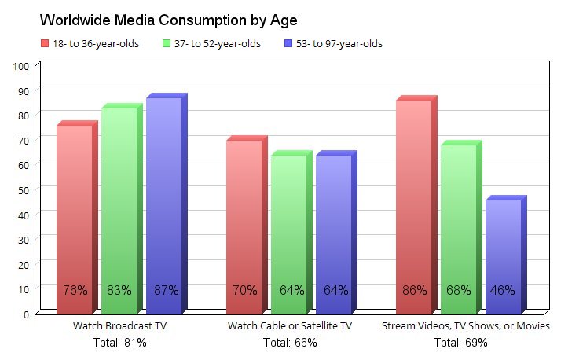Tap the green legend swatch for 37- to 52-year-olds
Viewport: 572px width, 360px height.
(167, 43)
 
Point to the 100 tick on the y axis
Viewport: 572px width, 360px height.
(21, 66)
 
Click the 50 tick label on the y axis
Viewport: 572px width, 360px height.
(24, 189)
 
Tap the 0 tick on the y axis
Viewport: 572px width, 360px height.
(27, 314)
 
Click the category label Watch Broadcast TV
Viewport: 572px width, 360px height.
(119, 326)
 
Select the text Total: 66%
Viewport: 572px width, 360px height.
(289, 343)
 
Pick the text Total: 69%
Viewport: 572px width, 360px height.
(460, 343)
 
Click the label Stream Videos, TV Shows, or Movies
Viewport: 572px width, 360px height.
(465, 326)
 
